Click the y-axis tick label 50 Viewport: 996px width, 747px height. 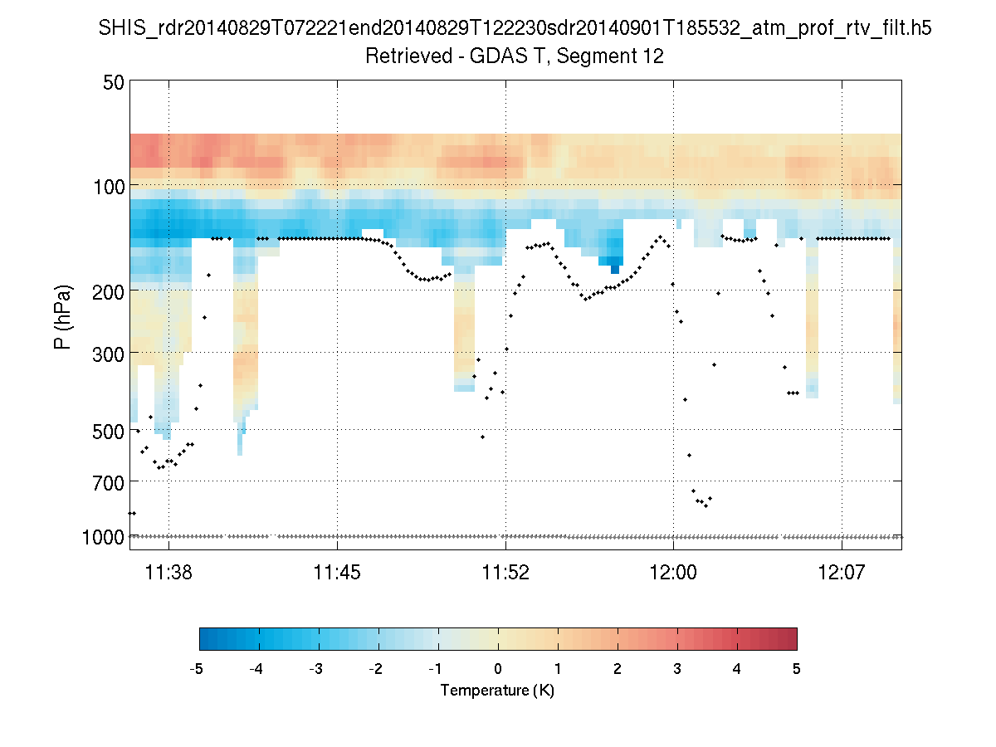click(113, 82)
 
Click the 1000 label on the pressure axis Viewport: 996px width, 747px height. click(103, 537)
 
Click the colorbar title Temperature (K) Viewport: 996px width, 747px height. click(497, 691)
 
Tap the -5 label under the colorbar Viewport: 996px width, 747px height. click(197, 669)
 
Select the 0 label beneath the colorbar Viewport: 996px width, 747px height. click(497, 669)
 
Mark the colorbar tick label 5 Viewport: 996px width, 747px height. click(797, 669)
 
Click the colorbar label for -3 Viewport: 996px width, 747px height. click(315, 669)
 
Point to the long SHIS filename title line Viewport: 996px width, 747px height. click(515, 28)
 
